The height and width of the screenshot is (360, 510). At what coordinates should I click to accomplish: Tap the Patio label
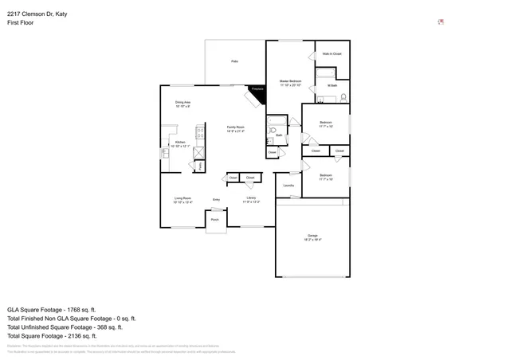[x=234, y=61]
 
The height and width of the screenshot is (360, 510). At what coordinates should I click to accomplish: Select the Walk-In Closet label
[x=331, y=54]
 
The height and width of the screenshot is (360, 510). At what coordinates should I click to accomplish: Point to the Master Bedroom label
[x=289, y=81]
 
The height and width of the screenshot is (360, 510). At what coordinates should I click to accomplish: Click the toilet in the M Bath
[x=343, y=98]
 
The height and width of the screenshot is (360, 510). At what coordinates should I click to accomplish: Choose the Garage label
[x=312, y=237]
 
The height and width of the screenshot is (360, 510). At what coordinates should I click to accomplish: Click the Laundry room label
[x=288, y=186]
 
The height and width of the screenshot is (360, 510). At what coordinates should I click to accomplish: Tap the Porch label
[x=215, y=220]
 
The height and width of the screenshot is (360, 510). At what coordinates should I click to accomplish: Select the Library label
[x=250, y=198]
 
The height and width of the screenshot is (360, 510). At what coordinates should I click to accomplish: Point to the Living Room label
[x=182, y=198]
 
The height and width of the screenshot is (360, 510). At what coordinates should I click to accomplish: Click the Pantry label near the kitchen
[x=190, y=165]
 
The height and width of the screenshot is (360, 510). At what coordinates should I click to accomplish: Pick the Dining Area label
[x=182, y=103]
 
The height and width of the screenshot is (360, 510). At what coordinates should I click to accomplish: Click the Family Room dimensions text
[x=235, y=131]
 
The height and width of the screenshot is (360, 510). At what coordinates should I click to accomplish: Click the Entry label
[x=216, y=200]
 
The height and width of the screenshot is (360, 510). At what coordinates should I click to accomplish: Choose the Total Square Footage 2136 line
[x=53, y=335]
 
